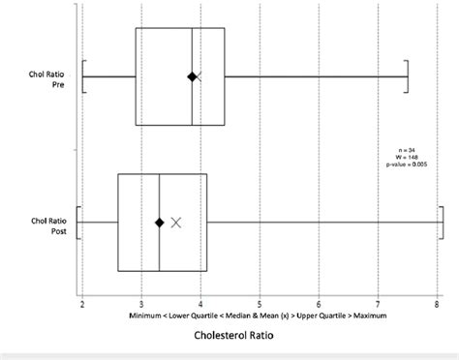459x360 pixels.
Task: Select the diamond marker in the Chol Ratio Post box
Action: click(159, 222)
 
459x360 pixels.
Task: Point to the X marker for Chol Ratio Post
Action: click(175, 222)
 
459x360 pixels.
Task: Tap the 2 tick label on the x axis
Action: click(82, 305)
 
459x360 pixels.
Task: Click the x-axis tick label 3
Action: click(141, 305)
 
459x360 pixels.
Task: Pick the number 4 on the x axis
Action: click(200, 305)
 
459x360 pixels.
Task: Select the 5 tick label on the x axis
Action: click(260, 305)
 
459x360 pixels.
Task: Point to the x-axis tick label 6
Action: click(319, 305)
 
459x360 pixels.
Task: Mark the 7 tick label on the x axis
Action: click(378, 305)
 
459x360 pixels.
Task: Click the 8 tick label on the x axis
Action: click(437, 305)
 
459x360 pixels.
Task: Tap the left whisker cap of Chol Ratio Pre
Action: click(84, 76)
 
